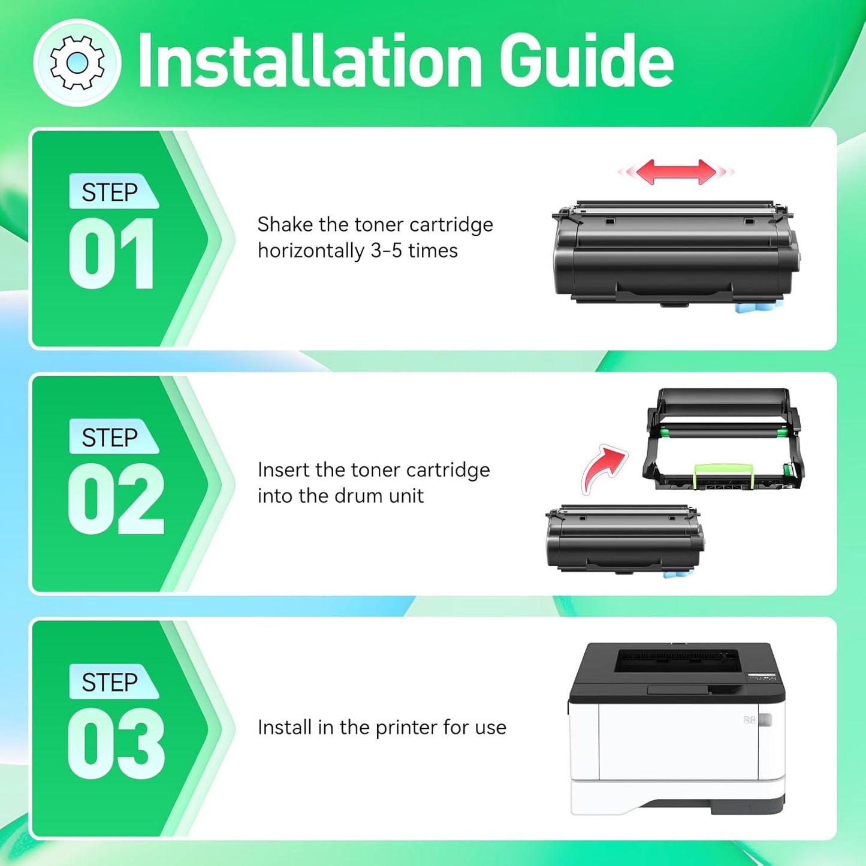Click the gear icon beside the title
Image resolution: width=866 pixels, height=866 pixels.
[x=77, y=62]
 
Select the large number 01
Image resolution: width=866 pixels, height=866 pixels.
[x=112, y=254]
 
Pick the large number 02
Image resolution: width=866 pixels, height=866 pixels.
[x=116, y=499]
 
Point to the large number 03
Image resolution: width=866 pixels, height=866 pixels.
[x=116, y=744]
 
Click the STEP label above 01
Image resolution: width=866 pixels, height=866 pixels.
[x=110, y=192]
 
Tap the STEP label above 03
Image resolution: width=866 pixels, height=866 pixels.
[x=110, y=682]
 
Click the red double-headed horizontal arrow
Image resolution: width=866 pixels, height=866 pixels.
[x=676, y=172]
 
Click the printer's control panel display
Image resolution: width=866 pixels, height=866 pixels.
[x=761, y=678]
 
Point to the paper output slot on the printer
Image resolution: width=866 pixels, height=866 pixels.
[x=677, y=660]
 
